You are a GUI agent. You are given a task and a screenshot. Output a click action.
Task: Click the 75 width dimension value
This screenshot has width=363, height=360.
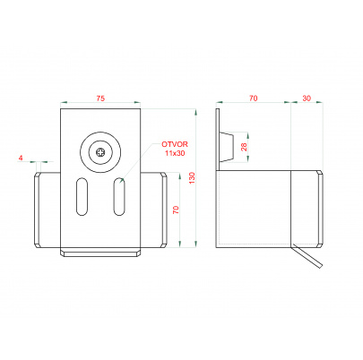point(100,99)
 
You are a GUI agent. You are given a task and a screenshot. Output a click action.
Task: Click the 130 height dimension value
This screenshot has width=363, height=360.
point(192,178)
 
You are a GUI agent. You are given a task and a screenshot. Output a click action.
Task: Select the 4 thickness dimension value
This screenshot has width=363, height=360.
point(21,158)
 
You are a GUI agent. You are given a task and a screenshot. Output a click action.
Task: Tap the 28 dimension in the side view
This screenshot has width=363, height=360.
point(245,147)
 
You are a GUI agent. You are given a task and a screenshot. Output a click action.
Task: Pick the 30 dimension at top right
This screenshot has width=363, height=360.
point(307,99)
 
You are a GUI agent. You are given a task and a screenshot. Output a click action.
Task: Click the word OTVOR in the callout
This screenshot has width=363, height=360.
point(175,144)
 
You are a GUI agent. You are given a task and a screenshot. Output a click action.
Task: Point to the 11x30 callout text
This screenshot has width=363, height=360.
point(175,153)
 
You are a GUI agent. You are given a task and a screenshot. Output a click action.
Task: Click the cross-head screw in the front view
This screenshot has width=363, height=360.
point(100,152)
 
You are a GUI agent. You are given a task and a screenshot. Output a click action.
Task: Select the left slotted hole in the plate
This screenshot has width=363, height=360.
point(82,196)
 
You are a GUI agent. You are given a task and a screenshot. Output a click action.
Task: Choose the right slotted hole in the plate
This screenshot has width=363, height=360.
point(119,196)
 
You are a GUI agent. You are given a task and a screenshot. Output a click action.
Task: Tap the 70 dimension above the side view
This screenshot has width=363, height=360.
point(253,99)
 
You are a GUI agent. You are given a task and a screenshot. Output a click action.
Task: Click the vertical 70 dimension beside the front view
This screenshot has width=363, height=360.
point(176,210)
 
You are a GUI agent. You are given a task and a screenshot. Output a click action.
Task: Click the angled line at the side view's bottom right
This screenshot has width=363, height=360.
point(307,255)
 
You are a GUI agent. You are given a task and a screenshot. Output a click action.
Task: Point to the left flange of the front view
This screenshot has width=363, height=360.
point(38,210)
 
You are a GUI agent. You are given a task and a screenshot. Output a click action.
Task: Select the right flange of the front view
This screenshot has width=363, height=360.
point(163,210)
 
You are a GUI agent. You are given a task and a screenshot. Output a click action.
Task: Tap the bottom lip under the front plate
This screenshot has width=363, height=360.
point(100,253)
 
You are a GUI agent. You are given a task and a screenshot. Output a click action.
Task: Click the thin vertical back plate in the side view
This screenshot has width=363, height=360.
point(218,178)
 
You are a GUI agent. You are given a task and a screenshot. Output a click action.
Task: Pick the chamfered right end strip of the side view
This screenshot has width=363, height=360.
point(320,208)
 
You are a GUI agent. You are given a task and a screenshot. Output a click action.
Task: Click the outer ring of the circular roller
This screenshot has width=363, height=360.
point(100,133)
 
